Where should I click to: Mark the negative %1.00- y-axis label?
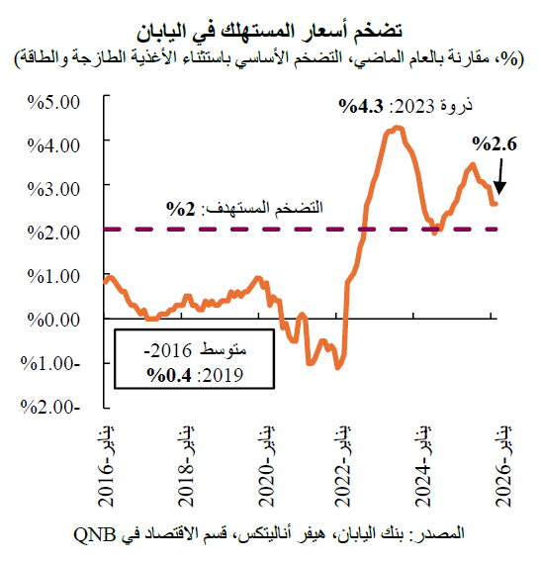coord(54,362)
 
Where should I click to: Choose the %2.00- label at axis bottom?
coord(54,407)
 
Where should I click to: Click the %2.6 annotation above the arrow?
coord(495,145)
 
